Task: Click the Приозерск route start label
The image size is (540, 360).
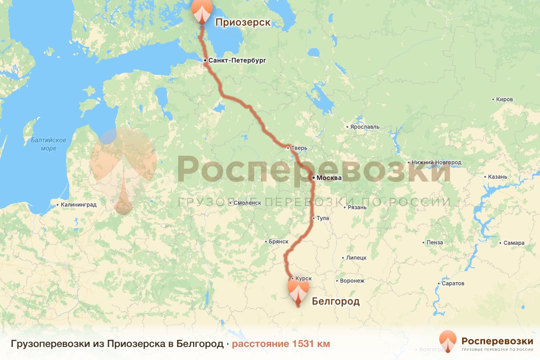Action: [x=243, y=22]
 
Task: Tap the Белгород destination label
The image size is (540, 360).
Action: [x=336, y=301]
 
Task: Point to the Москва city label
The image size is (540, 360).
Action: [x=329, y=178]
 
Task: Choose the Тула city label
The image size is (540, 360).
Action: [x=323, y=218]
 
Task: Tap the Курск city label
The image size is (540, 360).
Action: [x=304, y=279]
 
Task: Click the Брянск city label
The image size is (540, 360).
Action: [x=278, y=242]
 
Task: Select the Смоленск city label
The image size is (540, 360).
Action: [x=247, y=203]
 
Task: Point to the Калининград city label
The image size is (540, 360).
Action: [x=79, y=205]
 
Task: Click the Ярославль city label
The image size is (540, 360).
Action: [x=365, y=127]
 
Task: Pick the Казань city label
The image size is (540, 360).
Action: [x=498, y=176]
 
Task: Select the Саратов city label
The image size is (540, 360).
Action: [x=453, y=284]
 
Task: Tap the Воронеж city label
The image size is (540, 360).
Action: [x=352, y=280]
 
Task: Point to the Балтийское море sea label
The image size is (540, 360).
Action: [x=49, y=144]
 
